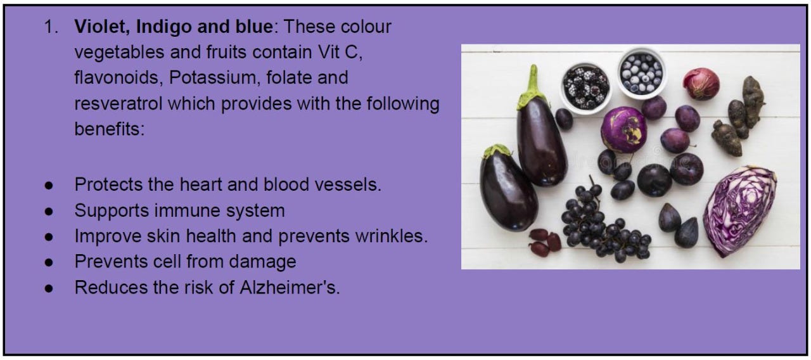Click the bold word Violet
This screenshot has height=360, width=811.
click(96, 27)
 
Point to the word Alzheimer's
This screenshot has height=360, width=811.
click(290, 287)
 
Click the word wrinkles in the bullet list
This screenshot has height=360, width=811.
click(391, 236)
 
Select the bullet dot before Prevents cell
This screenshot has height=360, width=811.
click(49, 262)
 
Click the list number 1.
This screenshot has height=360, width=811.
click(50, 28)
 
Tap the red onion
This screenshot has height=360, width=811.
click(700, 84)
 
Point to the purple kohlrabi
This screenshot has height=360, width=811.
click(623, 129)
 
